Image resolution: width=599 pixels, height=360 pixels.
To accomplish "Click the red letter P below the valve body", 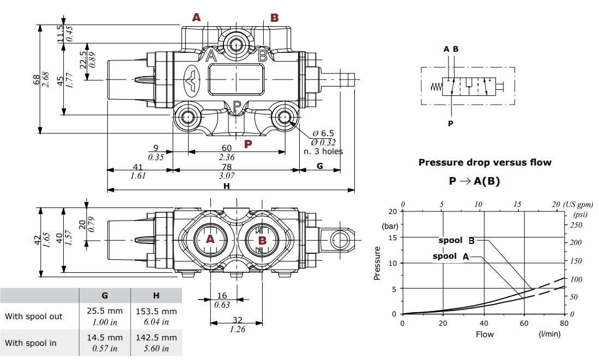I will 248,144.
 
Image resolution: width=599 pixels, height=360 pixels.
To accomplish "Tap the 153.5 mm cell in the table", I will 156,312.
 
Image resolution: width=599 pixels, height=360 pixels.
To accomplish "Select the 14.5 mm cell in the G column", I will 105,338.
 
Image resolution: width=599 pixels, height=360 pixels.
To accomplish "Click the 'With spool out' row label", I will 34,316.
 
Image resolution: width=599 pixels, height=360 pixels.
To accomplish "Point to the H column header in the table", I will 156,296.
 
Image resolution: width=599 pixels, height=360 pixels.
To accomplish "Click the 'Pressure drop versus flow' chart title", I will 485,162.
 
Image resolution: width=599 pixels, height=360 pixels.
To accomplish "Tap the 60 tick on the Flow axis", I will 524,324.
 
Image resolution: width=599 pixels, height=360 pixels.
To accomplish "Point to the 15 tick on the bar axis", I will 392,237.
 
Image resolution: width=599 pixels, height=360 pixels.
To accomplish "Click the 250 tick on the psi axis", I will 576,225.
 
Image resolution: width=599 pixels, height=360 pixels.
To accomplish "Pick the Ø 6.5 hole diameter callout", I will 324,133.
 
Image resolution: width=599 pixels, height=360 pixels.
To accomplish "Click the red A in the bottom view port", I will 210,240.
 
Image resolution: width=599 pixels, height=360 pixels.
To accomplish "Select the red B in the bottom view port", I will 262,240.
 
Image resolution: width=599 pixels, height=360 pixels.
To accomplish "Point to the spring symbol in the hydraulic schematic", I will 435,87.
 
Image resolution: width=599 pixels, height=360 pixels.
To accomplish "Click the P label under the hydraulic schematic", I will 451,124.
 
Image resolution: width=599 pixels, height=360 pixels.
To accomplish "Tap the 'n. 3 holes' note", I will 323,151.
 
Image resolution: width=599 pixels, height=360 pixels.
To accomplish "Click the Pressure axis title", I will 377,263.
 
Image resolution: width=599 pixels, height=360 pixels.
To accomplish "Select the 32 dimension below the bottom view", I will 237,321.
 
